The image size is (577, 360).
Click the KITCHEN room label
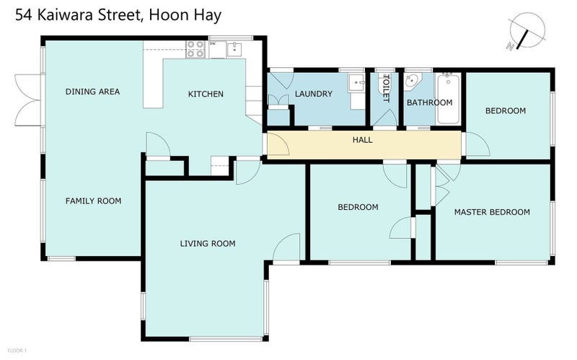click(x=206, y=94)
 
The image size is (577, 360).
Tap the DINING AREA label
click(x=92, y=92)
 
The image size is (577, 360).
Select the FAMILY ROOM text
click(x=94, y=201)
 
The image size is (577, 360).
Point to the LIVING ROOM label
click(x=208, y=243)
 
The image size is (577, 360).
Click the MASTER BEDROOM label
click(x=492, y=212)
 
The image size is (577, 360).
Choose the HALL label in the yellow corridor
click(x=363, y=139)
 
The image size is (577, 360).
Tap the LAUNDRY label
click(x=313, y=94)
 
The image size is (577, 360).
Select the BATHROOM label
click(x=429, y=102)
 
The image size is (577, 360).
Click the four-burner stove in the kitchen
click(x=195, y=48)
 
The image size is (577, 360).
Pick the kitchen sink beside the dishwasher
click(x=234, y=48)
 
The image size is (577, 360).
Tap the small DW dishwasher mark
click(x=213, y=44)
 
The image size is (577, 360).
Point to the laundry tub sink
click(x=357, y=83)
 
